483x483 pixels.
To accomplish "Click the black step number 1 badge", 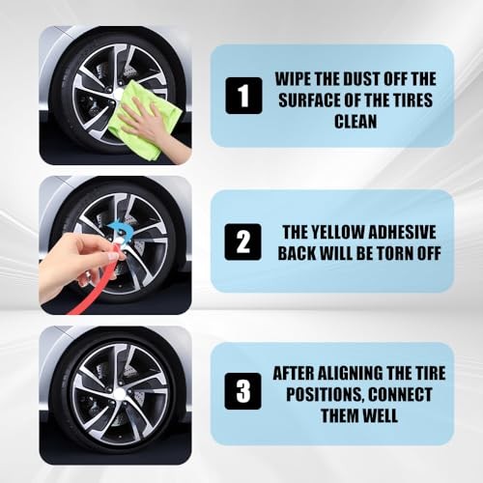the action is [243, 96].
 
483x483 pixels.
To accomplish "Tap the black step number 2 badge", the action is [242, 242].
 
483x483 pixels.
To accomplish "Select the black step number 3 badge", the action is [242, 391].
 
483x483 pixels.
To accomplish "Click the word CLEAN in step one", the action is [355, 122].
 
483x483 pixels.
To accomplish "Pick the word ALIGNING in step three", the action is [351, 373].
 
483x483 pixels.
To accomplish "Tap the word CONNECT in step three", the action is [400, 394].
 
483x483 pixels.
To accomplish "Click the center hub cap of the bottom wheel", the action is [120, 392].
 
